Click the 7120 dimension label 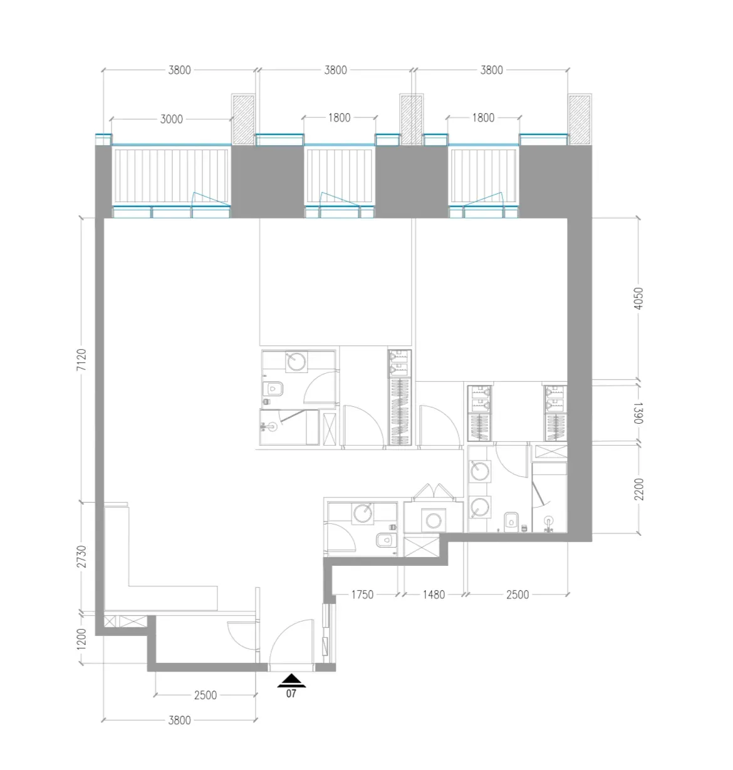coord(81,359)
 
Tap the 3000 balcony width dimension coord(171,119)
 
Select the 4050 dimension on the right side coord(638,299)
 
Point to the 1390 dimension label coord(638,413)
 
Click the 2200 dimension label coord(638,489)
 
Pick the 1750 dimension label coord(361,595)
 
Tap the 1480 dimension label coord(434,595)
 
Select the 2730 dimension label coord(81,557)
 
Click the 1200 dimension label coord(81,639)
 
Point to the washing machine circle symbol coord(434,521)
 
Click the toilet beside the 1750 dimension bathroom coord(385,540)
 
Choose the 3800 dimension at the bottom coord(179,720)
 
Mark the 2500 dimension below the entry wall coord(205,696)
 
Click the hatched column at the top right coord(580,120)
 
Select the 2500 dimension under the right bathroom coord(517,595)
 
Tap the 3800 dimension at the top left coord(179,70)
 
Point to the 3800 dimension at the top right coord(492,70)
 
